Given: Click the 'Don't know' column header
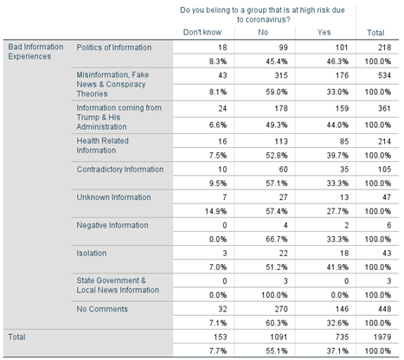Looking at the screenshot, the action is point(202,32).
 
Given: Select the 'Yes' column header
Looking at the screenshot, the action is point(324,32).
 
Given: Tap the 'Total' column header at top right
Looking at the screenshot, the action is point(375,33).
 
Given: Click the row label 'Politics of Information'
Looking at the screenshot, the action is point(114,48).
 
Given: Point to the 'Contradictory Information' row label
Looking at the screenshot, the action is point(120,170).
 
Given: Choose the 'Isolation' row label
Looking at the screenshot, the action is point(92,254).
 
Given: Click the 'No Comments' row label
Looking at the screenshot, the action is point(102,309).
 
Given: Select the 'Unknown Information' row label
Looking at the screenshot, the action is point(113,197).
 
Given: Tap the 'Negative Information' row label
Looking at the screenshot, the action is point(112,225).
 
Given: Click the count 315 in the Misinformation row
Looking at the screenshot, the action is point(281,75).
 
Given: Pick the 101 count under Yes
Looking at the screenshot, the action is point(342,48).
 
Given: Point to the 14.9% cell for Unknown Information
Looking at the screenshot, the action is point(215,211).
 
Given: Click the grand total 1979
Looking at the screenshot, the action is point(382,337).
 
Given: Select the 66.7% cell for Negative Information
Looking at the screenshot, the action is point(277,240).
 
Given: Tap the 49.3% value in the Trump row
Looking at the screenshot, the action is point(277,125).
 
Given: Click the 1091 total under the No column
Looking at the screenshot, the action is point(279,337).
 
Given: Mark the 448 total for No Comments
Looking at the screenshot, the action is point(384,309).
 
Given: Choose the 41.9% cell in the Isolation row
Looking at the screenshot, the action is point(337,267).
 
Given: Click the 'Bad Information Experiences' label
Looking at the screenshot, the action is point(35,52).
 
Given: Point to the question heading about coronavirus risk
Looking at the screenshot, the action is point(262,15).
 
